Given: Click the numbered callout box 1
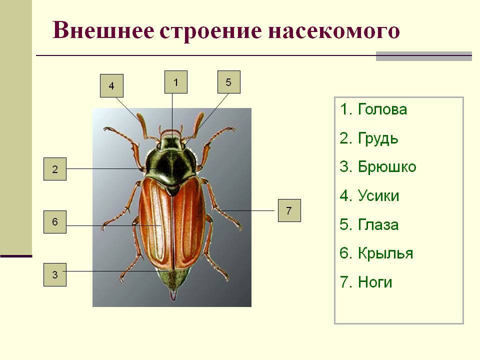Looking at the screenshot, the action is pos(175,82).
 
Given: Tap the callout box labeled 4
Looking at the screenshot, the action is pos(111,85).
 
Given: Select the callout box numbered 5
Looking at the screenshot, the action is pos(228,82).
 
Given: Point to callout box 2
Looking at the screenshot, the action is pos(55,169).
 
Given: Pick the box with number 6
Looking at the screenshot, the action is pos(55,222).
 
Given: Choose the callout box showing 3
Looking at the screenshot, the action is pos(55,274).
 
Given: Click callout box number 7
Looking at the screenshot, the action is pos(289,210).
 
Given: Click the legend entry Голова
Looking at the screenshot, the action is pos(373,109).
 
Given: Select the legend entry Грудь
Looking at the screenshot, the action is pos(369,138).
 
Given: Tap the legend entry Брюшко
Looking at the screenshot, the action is pos(378,167).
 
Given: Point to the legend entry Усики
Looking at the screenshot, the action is pos(369,195).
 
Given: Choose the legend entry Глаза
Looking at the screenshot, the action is pos(369,224).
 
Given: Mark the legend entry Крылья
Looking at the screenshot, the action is pos(376,253).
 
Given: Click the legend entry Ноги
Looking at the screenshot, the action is pos(366,282).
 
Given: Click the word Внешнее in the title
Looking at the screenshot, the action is pos(103,30).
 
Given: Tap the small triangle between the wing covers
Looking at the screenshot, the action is pos(172,190).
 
